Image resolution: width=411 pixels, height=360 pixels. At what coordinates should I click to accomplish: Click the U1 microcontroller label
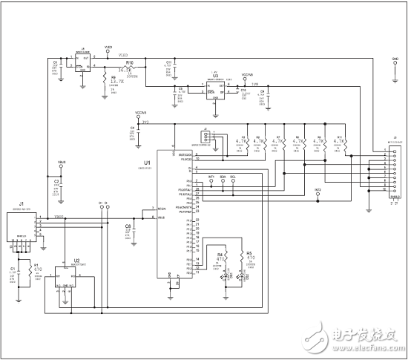tap(147, 162)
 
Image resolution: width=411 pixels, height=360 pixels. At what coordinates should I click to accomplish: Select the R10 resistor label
tap(130, 63)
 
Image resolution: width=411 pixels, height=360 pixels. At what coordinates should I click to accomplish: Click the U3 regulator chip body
tap(216, 88)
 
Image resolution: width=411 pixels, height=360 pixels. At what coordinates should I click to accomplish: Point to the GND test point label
tap(394, 56)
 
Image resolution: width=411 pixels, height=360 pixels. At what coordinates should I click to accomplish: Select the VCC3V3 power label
tap(139, 114)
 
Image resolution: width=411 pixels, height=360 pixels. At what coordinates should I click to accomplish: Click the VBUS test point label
tap(62, 162)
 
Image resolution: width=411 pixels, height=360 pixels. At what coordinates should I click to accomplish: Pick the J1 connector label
tap(22, 203)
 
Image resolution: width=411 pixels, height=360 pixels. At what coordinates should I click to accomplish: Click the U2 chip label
tap(76, 261)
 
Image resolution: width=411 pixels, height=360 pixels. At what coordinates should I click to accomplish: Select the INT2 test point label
tap(318, 189)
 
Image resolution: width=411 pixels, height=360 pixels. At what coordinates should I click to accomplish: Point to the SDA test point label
tap(222, 177)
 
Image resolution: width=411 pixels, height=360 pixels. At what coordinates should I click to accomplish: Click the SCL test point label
tap(233, 177)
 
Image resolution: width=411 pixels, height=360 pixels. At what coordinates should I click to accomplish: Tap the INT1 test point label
tap(211, 177)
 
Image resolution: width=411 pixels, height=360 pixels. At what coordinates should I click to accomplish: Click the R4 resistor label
tap(220, 254)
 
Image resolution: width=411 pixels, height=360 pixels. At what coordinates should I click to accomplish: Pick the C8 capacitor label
tap(128, 225)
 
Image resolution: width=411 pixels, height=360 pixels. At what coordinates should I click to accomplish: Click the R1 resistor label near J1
tap(35, 264)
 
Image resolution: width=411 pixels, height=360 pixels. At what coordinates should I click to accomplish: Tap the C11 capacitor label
tap(168, 62)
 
